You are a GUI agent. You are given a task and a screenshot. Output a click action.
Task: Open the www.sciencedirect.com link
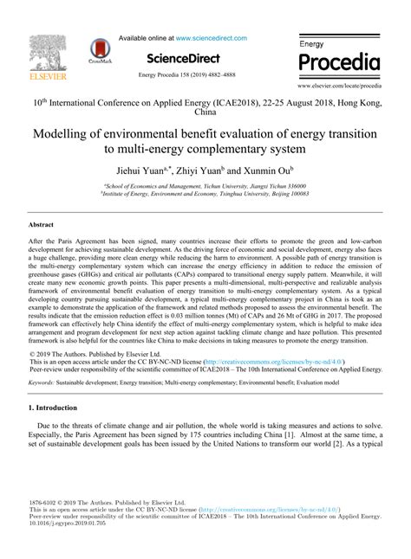[212, 38]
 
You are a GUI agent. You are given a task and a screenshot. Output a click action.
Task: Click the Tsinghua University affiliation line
[204, 195]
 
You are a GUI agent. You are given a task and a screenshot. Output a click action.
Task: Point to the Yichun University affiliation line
[204, 186]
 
